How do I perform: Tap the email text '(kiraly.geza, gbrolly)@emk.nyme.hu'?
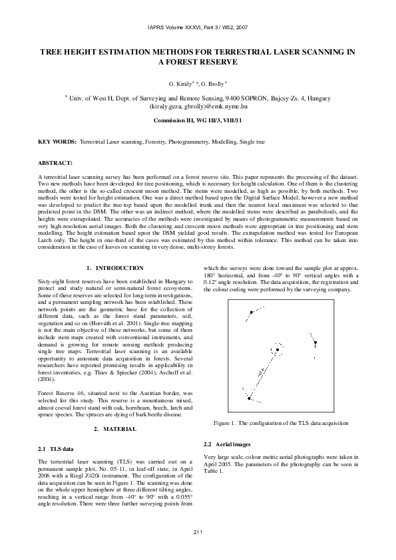pos(197,106)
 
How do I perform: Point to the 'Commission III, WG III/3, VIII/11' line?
pos(197,121)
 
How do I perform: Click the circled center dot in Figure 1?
pos(277,349)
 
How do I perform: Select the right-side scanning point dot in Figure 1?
pos(315,343)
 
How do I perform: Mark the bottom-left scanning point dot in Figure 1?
pos(248,398)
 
